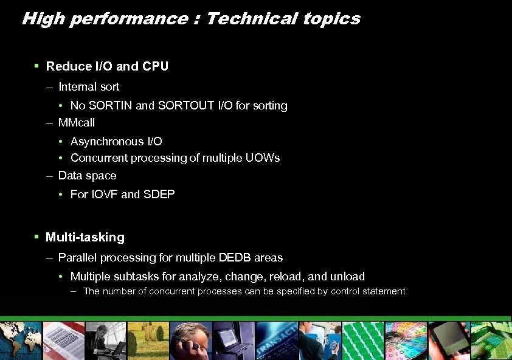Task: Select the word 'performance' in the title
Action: pos(130,19)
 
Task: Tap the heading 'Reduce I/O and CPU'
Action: pos(107,66)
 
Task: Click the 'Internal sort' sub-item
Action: pos(89,87)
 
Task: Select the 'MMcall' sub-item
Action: pos(77,123)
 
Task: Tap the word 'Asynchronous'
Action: pos(108,142)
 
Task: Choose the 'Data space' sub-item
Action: pos(87,176)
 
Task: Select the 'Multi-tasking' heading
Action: pos(85,237)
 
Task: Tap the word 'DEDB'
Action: pos(234,258)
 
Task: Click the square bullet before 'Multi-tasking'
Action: pos(37,237)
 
